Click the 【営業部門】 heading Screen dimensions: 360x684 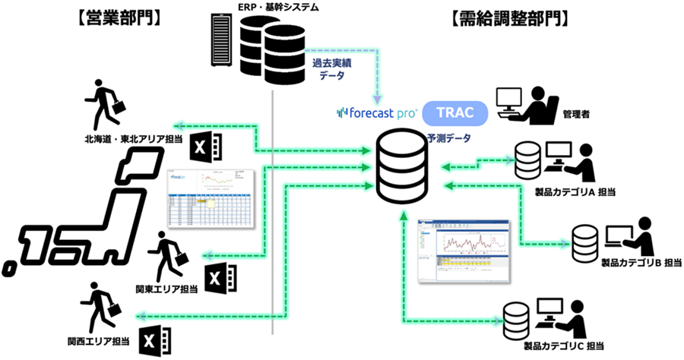[119, 16]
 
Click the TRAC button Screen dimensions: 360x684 [455, 113]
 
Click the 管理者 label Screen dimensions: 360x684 [578, 114]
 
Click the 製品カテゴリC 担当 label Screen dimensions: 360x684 [562, 347]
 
